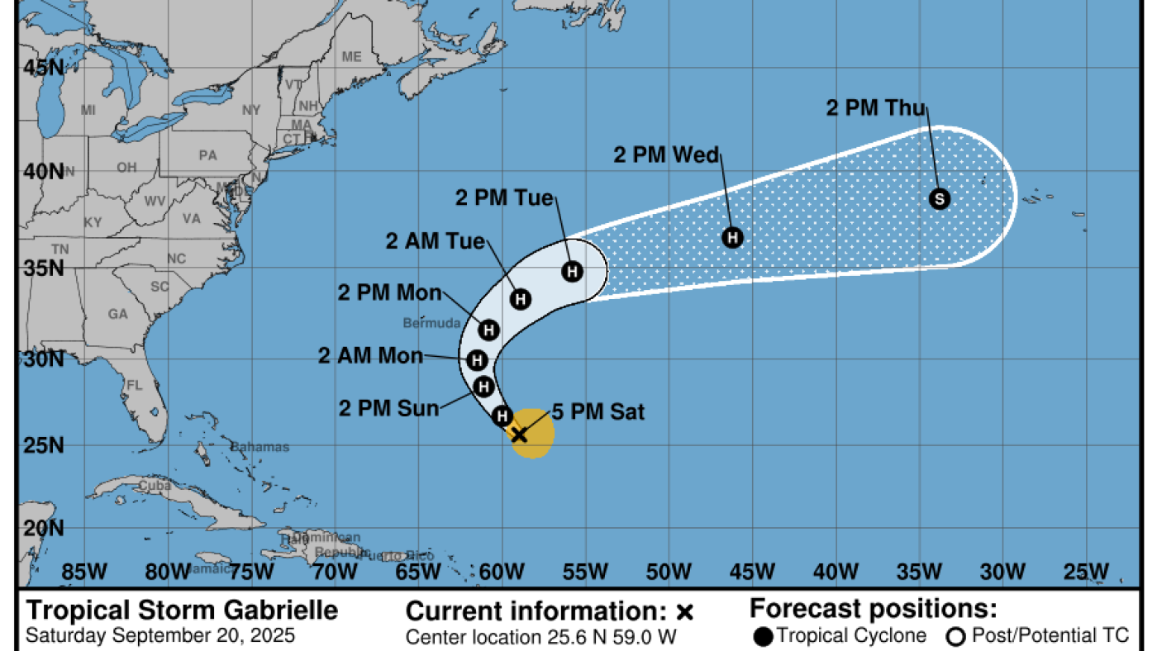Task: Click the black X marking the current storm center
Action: pyautogui.click(x=519, y=435)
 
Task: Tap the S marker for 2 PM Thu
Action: pyautogui.click(x=939, y=198)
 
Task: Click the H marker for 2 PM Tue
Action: pyautogui.click(x=572, y=271)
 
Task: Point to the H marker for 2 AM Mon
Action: pyautogui.click(x=477, y=360)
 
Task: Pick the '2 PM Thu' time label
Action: pyautogui.click(x=876, y=108)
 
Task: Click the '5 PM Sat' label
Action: pyautogui.click(x=598, y=411)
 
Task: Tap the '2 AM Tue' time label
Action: pyautogui.click(x=436, y=241)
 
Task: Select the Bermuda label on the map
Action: pyautogui.click(x=431, y=322)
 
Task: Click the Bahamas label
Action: pyautogui.click(x=259, y=447)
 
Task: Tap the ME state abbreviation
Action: pyautogui.click(x=352, y=57)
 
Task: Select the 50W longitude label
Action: pyautogui.click(x=669, y=572)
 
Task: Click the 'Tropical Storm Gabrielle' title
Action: pyautogui.click(x=183, y=611)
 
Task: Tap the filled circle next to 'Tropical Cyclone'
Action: pyautogui.click(x=764, y=636)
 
